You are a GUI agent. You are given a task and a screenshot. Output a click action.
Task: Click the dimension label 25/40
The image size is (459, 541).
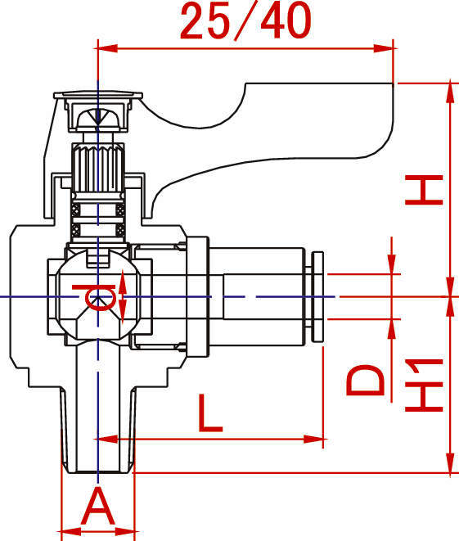click(x=245, y=21)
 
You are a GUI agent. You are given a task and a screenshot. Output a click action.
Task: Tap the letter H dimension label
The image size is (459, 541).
click(x=424, y=190)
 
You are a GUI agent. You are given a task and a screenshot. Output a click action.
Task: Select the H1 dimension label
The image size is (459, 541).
click(x=424, y=385)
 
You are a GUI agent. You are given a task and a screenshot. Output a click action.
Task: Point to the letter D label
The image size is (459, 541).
click(x=365, y=380)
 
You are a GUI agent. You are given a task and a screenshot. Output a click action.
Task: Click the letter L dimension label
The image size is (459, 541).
click(x=210, y=413)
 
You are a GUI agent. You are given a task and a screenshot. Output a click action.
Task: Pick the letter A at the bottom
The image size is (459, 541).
click(x=97, y=506)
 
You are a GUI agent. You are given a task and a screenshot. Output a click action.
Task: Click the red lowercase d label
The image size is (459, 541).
click(x=94, y=297)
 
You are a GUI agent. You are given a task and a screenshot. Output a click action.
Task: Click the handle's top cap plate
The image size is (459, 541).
click(x=98, y=95)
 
